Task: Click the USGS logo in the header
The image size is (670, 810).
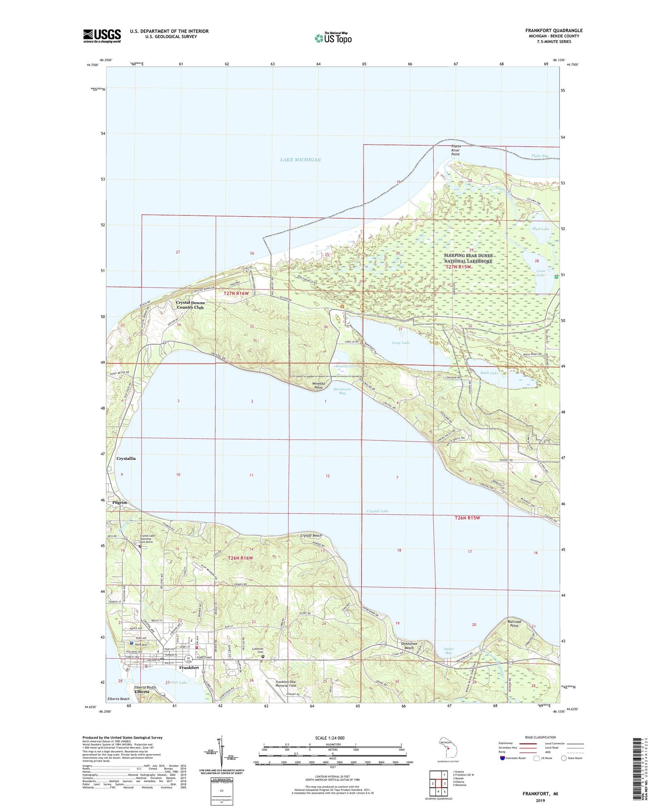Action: pyautogui.click(x=102, y=36)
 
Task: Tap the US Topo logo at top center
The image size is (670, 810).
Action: pyautogui.click(x=333, y=38)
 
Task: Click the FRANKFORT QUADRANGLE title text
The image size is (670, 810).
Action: pyautogui.click(x=553, y=31)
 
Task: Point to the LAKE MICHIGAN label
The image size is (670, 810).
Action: pyautogui.click(x=300, y=160)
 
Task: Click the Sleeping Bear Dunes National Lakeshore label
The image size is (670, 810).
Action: pyautogui.click(x=468, y=258)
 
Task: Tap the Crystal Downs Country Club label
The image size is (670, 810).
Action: pyautogui.click(x=190, y=305)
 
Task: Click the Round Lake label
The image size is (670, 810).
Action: pyautogui.click(x=346, y=366)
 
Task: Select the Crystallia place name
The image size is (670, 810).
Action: pyautogui.click(x=126, y=458)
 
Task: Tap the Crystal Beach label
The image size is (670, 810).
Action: pyautogui.click(x=311, y=535)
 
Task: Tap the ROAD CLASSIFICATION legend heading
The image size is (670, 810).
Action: pyautogui.click(x=540, y=737)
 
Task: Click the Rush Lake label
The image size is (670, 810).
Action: pyautogui.click(x=489, y=373)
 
